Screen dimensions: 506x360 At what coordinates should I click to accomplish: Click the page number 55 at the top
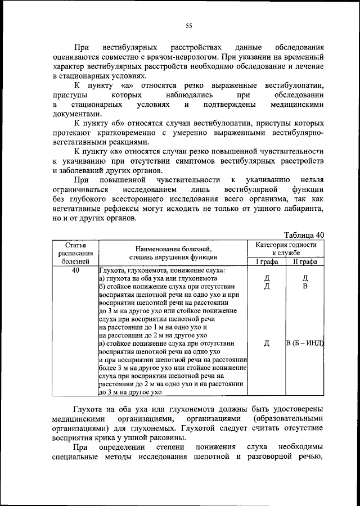(x=188, y=25)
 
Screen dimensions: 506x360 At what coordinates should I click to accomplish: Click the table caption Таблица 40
(x=304, y=235)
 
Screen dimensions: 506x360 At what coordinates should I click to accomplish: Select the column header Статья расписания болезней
(x=75, y=253)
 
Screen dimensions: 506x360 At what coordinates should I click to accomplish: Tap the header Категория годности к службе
(x=286, y=249)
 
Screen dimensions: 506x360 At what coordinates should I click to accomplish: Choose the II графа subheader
(x=304, y=261)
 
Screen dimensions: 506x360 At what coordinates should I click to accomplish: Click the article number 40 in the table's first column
(x=75, y=270)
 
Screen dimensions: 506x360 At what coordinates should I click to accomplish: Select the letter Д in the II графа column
(x=304, y=278)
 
